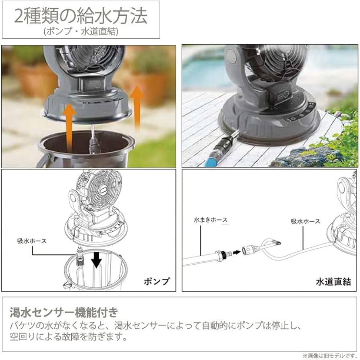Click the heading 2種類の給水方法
pos(81,16)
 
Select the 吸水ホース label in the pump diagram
pos(32,241)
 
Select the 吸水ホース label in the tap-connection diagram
pos(305,221)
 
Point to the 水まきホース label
pos(211,220)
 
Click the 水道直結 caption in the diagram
pos(333,282)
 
